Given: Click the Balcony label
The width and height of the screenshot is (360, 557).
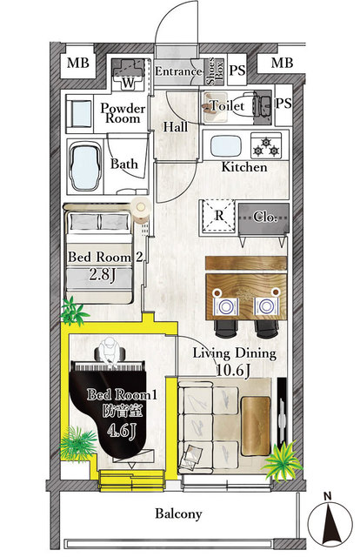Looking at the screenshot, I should (x=179, y=513).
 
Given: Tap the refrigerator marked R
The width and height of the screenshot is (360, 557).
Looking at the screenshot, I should (x=220, y=216).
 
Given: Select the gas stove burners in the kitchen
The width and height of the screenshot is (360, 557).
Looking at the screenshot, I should (x=266, y=144).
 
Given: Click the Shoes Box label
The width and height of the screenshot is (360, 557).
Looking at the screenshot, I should (x=211, y=70).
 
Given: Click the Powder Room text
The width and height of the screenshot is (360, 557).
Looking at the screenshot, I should (x=123, y=113).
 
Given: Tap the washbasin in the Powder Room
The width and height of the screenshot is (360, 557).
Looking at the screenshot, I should (x=80, y=111).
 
